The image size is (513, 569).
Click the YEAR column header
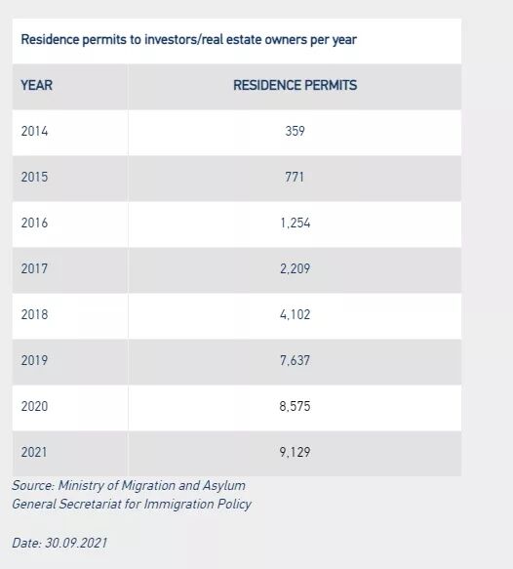click(x=37, y=85)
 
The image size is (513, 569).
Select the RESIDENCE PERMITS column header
click(x=296, y=85)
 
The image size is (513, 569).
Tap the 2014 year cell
click(x=34, y=131)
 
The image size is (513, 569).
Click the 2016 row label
click(x=34, y=223)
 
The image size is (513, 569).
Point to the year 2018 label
click(x=34, y=314)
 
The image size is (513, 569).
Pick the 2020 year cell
click(x=34, y=406)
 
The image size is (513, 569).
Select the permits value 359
click(x=295, y=131)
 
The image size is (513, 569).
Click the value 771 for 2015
click(x=295, y=177)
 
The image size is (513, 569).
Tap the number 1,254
click(x=296, y=223)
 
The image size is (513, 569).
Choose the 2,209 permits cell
click(x=296, y=269)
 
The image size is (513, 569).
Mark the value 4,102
click(x=296, y=314)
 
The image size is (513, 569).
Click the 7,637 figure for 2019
click(x=296, y=361)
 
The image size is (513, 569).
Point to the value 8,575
click(x=296, y=406)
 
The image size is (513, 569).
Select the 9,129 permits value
click(x=296, y=453)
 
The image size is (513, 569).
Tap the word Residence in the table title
click(x=50, y=40)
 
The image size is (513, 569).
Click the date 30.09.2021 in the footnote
click(x=76, y=544)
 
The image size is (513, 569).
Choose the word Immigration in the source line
click(x=178, y=505)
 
